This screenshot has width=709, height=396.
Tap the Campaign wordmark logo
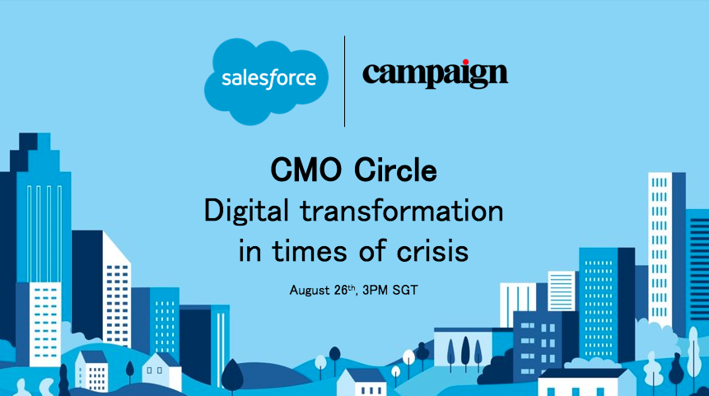coord(435,74)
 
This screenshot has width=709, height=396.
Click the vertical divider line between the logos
coord(344,81)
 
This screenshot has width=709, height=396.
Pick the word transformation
coord(400,212)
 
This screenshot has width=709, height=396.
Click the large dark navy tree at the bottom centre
coord(233,375)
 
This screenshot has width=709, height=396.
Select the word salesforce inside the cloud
coord(268,80)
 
